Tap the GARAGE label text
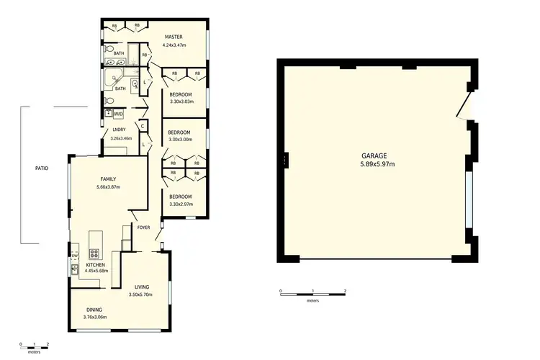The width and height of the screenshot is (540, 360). coord(374,156)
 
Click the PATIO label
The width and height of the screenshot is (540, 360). coord(42,168)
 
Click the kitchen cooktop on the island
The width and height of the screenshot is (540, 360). coord(93,253)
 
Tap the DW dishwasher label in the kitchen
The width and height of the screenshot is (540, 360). coord(75,255)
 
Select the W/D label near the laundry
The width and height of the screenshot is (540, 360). coord(118,113)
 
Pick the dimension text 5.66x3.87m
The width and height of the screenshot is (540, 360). coord(107,187)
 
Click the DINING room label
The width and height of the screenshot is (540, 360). coord(95,309)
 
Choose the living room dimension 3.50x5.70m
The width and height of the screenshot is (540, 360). coord(141,294)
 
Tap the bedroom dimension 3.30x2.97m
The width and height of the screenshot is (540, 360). coord(180,204)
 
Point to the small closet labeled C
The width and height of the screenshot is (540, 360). coord(143,126)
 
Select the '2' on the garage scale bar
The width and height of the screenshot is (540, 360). coord(346,291)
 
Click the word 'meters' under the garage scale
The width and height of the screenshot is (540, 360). coord(312,301)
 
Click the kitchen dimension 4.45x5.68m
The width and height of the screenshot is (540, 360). coord(96,271)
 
